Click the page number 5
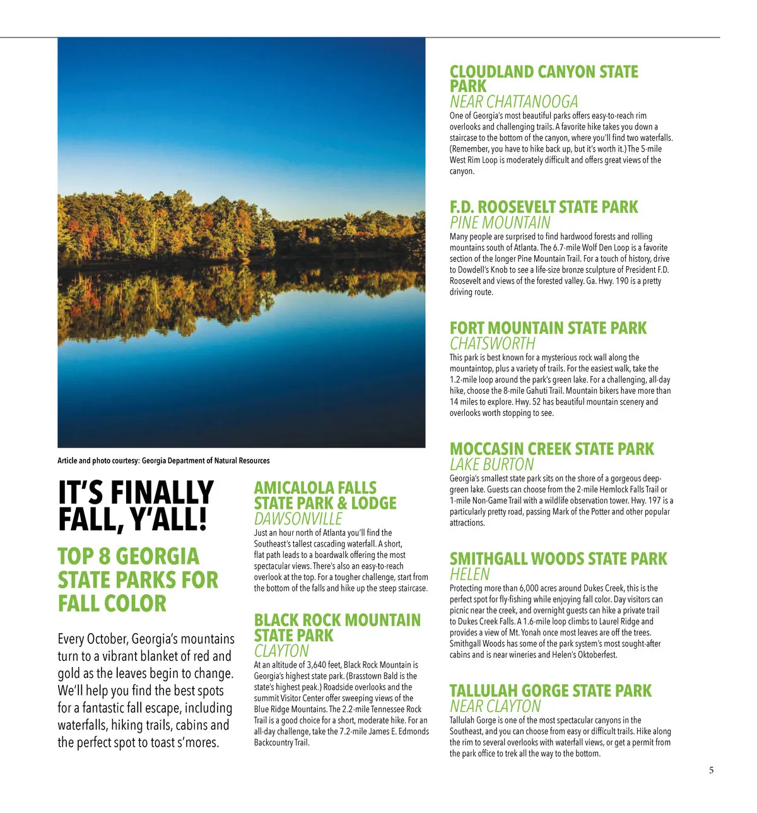(712, 770)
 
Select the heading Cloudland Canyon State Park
(543, 79)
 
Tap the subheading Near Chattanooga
(513, 102)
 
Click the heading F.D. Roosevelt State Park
(543, 207)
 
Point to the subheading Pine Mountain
(500, 223)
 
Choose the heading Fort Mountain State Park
(548, 328)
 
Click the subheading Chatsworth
(492, 344)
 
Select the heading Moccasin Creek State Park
(551, 449)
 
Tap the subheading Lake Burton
(491, 465)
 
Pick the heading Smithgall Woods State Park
(558, 559)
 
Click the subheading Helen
(469, 574)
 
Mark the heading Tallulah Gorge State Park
(550, 691)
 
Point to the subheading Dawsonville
(298, 519)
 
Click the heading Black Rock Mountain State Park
(337, 627)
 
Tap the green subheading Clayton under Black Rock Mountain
(281, 651)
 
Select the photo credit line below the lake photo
(163, 461)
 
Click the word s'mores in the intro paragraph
(196, 742)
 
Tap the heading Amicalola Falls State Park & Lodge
(325, 496)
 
